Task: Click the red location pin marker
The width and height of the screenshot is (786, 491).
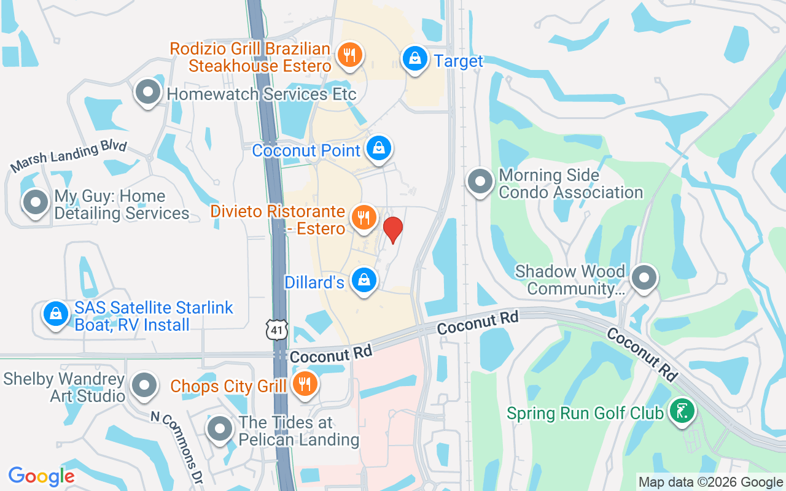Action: pyautogui.click(x=393, y=229)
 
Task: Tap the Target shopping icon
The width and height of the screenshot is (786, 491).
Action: pyautogui.click(x=415, y=59)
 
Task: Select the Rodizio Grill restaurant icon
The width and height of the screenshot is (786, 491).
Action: pyautogui.click(x=349, y=56)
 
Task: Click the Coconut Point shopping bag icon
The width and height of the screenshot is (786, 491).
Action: pyautogui.click(x=379, y=148)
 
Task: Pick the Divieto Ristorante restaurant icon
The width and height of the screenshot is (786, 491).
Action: pyautogui.click(x=364, y=217)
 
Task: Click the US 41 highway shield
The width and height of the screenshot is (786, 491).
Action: pyautogui.click(x=278, y=330)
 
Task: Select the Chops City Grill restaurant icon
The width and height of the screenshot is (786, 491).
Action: pyautogui.click(x=303, y=384)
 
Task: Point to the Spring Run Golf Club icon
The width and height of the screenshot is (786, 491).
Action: pyautogui.click(x=681, y=411)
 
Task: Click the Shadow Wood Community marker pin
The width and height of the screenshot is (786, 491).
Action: pyautogui.click(x=644, y=277)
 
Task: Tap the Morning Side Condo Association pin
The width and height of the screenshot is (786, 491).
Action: pyautogui.click(x=480, y=182)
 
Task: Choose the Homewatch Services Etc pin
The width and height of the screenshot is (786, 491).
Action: pyautogui.click(x=147, y=92)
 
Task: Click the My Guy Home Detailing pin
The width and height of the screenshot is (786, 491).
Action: pyautogui.click(x=35, y=202)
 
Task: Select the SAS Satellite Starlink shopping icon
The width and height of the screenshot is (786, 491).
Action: pyautogui.click(x=56, y=313)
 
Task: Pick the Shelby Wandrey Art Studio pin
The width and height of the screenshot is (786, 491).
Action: pyautogui.click(x=145, y=385)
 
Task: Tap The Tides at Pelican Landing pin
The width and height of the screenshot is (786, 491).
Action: pyautogui.click(x=219, y=429)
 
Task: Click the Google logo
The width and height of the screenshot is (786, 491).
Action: pyautogui.click(x=42, y=476)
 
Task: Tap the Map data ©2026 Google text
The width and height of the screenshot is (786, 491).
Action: pyautogui.click(x=710, y=482)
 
